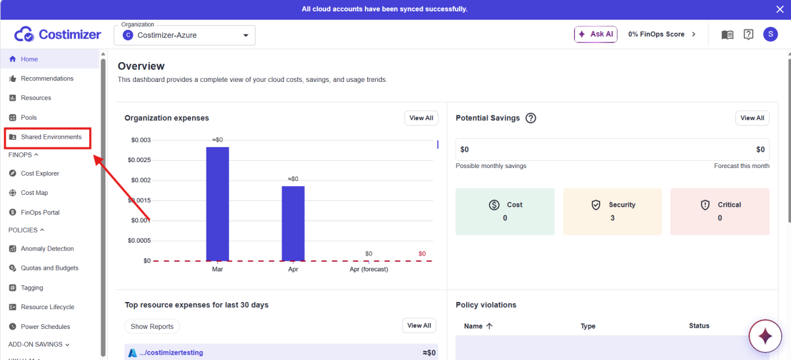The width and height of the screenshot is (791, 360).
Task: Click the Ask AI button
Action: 595,34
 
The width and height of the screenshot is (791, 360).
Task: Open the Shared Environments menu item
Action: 51,137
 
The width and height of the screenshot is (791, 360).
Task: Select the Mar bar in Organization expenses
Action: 218,204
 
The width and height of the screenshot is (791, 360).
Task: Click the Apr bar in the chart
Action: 293,224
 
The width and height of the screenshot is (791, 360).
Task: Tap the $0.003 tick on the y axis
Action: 141,140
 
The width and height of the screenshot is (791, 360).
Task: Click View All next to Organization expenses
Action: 421,118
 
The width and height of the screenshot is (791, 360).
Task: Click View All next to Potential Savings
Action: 752,118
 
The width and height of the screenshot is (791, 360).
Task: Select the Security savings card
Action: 612,212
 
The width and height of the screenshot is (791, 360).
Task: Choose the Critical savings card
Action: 720,212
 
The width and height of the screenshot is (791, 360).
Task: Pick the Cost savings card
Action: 505,212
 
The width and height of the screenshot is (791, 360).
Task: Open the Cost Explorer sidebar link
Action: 40,173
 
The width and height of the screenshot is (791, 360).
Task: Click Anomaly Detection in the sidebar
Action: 47,248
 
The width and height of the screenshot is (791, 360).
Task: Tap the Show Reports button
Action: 152,327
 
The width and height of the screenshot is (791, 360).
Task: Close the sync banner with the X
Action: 780,9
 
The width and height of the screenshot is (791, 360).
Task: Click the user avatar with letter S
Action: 770,34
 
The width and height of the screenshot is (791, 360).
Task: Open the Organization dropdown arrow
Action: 245,35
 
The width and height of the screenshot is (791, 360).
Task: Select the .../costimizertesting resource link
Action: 171,353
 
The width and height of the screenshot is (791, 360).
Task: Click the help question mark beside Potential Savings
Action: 530,118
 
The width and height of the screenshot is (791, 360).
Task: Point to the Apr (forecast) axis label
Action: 369,269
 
